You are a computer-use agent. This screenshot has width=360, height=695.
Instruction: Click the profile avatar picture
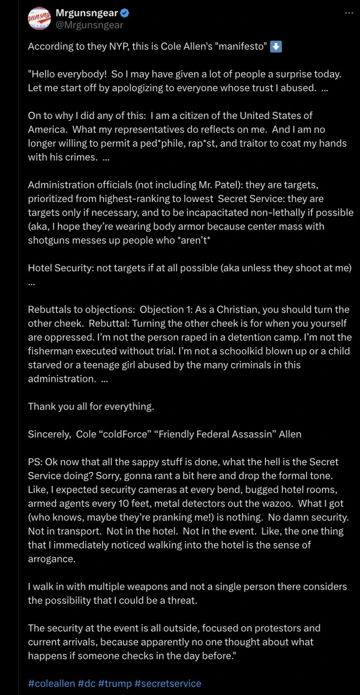point(40,19)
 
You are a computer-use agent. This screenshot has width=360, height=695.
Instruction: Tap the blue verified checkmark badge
point(124,13)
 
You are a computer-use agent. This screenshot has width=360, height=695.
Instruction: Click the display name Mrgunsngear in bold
point(86,13)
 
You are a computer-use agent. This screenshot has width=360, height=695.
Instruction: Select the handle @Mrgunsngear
point(89,25)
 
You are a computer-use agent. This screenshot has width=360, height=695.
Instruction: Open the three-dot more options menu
point(349,13)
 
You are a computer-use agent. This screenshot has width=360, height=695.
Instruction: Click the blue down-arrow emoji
point(276,47)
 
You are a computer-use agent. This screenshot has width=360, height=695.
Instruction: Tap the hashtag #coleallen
point(52,683)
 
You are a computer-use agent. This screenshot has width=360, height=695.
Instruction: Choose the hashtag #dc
point(86,683)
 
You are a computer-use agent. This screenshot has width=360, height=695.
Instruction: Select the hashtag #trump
point(114,683)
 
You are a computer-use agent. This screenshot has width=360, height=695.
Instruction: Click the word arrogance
point(51,559)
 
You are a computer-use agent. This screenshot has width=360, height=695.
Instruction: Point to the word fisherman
point(51,351)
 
